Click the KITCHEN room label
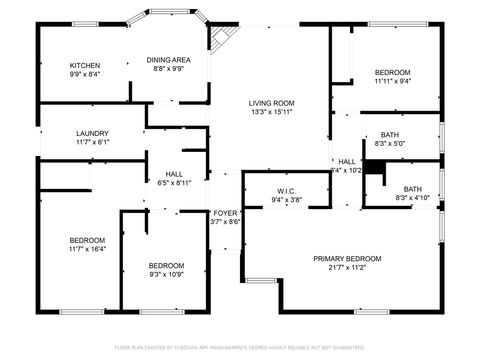click(84, 65)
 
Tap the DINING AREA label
click(169, 59)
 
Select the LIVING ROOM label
click(271, 103)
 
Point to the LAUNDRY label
click(92, 133)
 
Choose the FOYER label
click(225, 213)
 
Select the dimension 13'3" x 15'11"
click(271, 112)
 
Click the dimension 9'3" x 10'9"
click(167, 274)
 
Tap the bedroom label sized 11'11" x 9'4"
click(392, 72)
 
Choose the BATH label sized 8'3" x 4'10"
click(412, 189)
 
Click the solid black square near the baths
click(374, 168)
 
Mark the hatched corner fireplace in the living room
click(221, 36)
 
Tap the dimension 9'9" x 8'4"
click(84, 74)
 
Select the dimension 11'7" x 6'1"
click(92, 142)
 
